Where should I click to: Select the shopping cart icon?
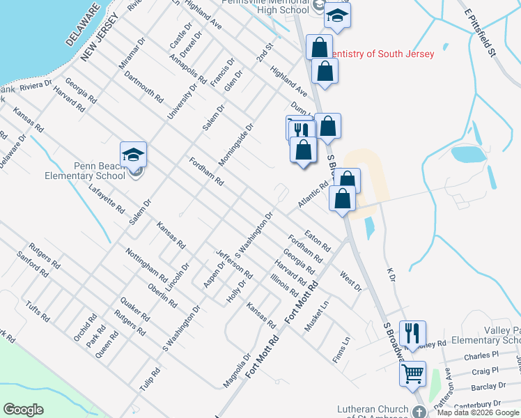[412, 373]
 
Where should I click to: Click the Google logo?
[24, 410]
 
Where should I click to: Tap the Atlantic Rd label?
[312, 194]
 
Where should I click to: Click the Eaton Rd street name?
[317, 240]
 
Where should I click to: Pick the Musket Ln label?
[316, 315]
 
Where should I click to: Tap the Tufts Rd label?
[37, 312]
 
